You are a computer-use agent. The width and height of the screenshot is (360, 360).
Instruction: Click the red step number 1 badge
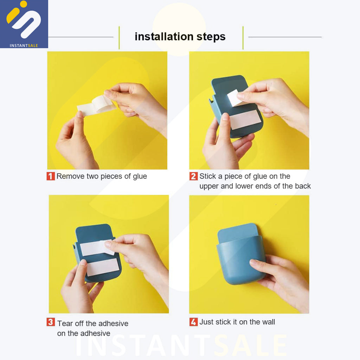tap(51, 176)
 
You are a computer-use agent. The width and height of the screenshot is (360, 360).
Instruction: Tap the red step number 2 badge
tap(194, 176)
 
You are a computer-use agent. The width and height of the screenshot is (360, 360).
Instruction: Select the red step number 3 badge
tap(51, 322)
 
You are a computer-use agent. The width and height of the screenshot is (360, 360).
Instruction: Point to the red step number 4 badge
tap(194, 322)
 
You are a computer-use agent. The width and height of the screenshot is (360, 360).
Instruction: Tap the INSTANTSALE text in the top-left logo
tap(24, 45)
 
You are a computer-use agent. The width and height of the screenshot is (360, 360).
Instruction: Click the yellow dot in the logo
tap(24, 4)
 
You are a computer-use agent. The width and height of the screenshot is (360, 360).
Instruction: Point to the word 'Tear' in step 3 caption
tap(65, 323)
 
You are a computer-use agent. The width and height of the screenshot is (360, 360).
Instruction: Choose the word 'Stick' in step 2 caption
tap(208, 176)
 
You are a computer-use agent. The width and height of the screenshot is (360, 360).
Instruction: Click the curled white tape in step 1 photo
tap(96, 105)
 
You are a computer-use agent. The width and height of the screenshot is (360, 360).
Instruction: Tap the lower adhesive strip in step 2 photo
tap(245, 120)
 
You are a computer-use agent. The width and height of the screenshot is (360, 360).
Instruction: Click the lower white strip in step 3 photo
tap(103, 267)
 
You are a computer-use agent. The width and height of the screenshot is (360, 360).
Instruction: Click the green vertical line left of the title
tap(119, 38)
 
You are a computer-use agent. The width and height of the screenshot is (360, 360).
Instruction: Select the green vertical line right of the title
tap(243, 38)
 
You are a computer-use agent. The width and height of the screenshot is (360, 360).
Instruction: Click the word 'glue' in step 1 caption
tap(140, 176)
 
